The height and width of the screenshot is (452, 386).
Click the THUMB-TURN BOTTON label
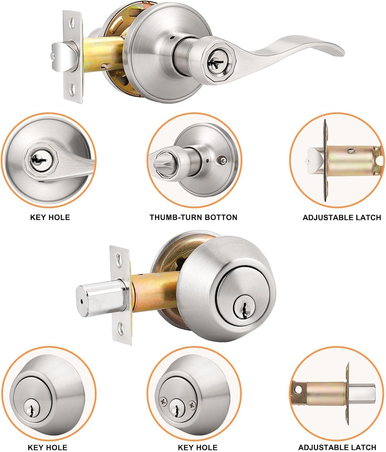(193, 217)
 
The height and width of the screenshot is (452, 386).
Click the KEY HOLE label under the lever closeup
(50, 217)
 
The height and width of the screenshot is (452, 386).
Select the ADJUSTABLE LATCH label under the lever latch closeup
(342, 217)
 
